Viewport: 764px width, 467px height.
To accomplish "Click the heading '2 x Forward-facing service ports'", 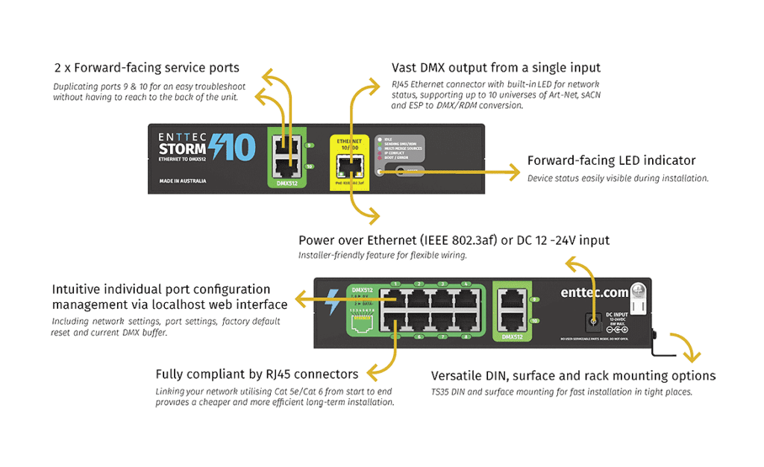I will pos(146,68).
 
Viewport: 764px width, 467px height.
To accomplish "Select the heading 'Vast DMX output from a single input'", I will pos(496,68).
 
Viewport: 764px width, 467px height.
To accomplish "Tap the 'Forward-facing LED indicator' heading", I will pos(611,160).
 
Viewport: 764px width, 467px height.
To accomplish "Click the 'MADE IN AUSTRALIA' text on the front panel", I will pos(183,181).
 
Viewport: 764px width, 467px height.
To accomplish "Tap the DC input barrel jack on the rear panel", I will pos(592,322).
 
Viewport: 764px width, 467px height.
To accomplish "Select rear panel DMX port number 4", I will pos(466,298).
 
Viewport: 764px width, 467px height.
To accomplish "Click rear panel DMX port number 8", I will pos(466,322).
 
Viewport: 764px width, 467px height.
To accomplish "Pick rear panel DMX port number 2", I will pos(419,298).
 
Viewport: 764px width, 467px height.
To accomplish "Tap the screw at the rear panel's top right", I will pos(638,290).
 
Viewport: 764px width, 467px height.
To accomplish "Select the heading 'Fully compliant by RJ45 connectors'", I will pos(257,374).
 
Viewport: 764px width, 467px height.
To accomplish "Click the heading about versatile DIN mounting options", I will pos(573,376).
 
